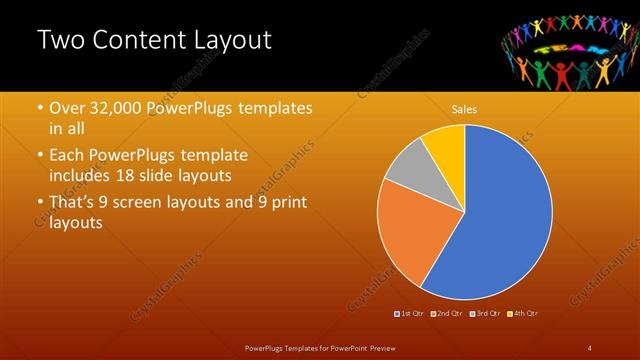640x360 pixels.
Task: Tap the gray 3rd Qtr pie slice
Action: pyautogui.click(x=408, y=170)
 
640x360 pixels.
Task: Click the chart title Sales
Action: pyautogui.click(x=464, y=108)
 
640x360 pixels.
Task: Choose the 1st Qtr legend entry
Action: pyautogui.click(x=409, y=313)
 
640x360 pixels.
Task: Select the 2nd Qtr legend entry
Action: pyautogui.click(x=447, y=313)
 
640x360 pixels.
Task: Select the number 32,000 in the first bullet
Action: pyautogui.click(x=114, y=108)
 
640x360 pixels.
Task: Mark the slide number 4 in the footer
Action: pyautogui.click(x=590, y=347)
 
